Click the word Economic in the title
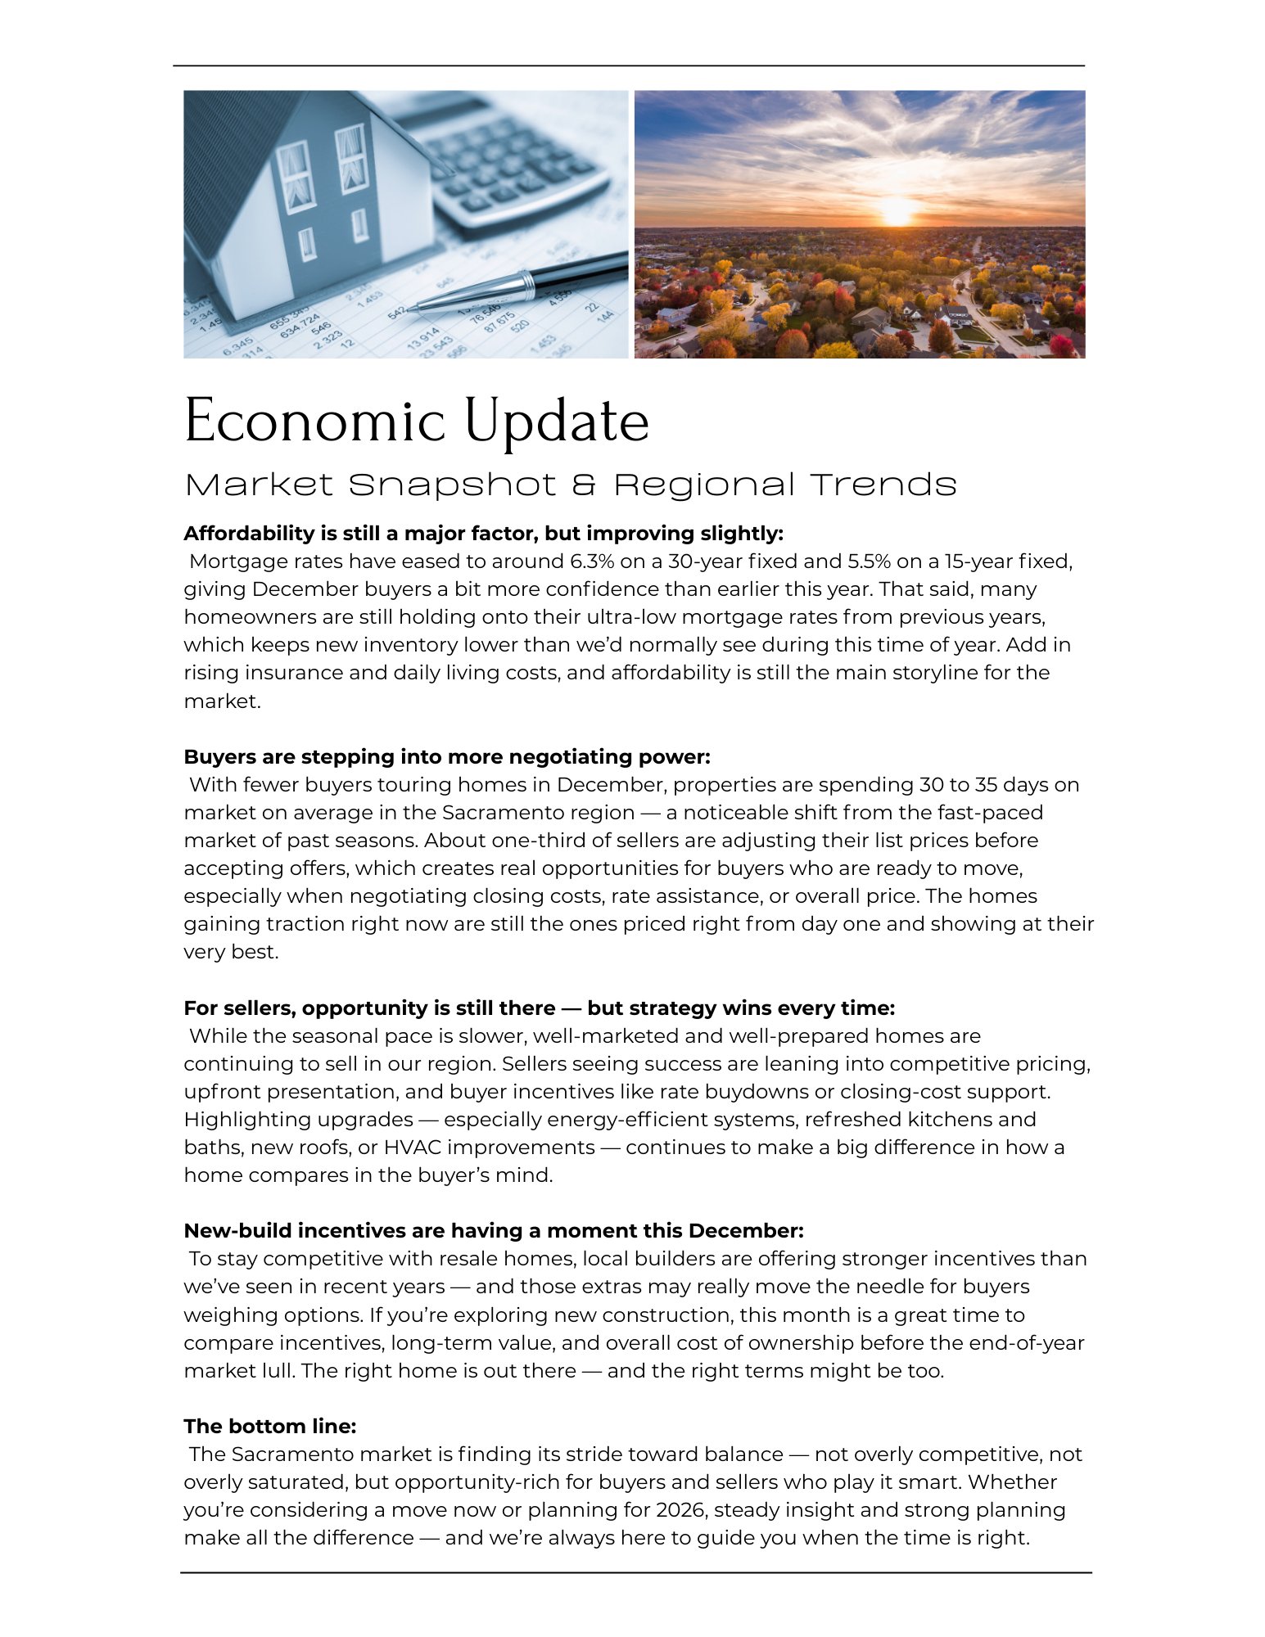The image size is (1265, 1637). [x=314, y=422]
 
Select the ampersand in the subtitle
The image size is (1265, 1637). [x=583, y=485]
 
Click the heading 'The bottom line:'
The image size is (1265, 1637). [x=269, y=1427]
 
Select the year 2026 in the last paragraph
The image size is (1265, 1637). [x=681, y=1510]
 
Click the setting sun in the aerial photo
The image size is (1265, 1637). [x=897, y=210]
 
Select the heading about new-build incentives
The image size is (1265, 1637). [x=493, y=1231]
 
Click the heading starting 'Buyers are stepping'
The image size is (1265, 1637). [x=446, y=756]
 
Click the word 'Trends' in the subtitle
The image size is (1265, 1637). [x=884, y=485]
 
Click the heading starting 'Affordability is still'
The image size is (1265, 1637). [x=483, y=534]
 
